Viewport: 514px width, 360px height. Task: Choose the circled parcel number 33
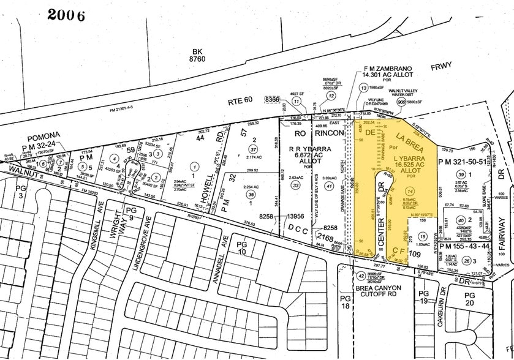tap(297, 186)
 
